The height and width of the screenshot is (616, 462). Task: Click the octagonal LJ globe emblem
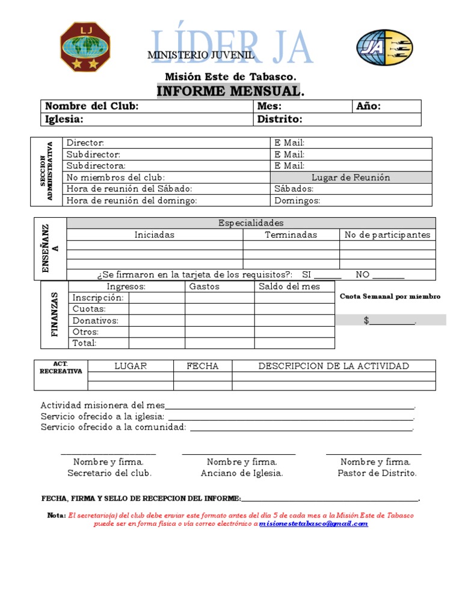(85, 47)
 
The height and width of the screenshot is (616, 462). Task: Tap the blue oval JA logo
(384, 48)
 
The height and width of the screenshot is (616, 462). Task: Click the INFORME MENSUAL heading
(229, 91)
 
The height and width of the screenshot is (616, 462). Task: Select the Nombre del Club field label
(92, 106)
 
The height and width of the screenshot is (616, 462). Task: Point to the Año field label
(369, 106)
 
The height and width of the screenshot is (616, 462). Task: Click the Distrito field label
(280, 119)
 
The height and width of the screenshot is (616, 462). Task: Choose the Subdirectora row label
(96, 165)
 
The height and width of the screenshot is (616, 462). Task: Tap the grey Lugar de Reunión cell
(351, 177)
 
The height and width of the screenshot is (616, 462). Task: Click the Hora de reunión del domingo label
(132, 200)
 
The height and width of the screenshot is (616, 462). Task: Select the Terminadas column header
(291, 235)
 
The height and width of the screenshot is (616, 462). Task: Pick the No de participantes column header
(387, 235)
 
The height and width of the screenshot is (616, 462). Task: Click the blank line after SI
(328, 275)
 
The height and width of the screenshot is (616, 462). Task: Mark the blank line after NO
(389, 275)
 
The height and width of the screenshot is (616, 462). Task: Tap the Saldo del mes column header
(289, 286)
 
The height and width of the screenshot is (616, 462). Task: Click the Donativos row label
(96, 321)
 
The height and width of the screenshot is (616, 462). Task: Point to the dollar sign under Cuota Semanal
(366, 321)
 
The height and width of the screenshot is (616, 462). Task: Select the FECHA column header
(203, 366)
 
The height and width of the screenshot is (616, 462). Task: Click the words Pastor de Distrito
(377, 473)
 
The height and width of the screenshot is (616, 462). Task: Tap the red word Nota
(57, 516)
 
